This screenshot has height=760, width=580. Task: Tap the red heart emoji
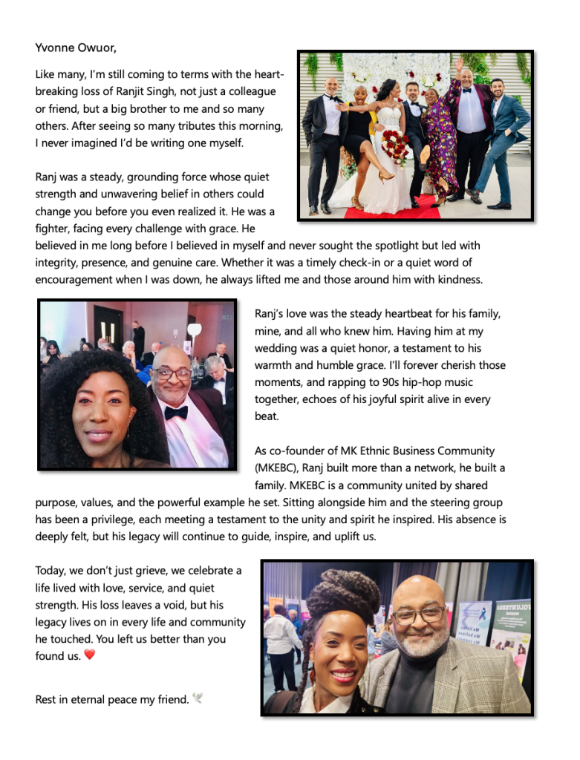pyautogui.click(x=90, y=655)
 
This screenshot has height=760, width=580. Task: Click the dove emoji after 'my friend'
pyautogui.click(x=198, y=698)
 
